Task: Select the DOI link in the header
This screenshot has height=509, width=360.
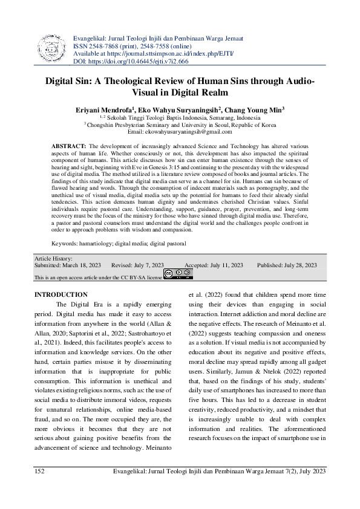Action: coord(138,61)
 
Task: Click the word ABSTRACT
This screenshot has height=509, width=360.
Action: coord(68,146)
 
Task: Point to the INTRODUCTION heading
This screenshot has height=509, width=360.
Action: coord(61,294)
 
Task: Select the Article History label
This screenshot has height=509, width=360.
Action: coord(54,258)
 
